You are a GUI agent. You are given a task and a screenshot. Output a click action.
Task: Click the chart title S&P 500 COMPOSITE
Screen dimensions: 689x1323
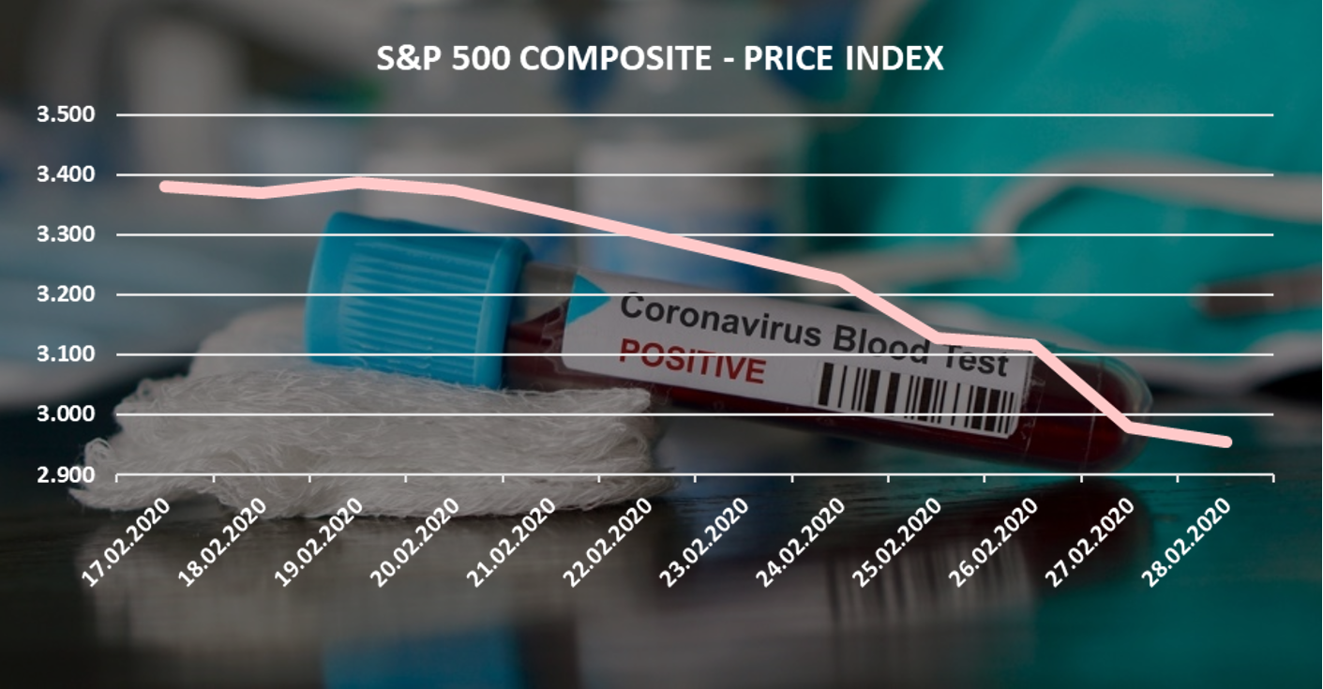[x=659, y=59]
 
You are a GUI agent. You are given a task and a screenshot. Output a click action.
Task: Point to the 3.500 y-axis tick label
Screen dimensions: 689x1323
[x=66, y=115]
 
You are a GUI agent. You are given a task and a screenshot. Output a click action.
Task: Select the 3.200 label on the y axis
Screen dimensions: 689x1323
[x=66, y=294]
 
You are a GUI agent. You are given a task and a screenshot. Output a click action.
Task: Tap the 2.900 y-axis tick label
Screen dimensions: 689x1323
[x=66, y=474]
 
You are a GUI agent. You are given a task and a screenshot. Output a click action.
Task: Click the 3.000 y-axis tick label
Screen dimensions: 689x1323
[x=66, y=414]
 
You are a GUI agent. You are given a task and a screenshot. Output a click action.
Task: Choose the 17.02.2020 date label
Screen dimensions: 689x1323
[x=128, y=542]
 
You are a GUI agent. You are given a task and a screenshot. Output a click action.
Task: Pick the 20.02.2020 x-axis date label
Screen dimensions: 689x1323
[x=417, y=542]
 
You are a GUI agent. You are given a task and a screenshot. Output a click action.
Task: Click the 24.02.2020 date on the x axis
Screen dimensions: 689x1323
[x=804, y=542]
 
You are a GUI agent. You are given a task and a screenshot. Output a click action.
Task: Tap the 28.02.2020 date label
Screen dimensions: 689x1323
[x=1189, y=542]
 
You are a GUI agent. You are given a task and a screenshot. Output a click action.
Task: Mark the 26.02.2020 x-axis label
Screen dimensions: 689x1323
[x=997, y=542]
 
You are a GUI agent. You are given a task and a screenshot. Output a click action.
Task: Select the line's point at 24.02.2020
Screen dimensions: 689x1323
[x=840, y=277]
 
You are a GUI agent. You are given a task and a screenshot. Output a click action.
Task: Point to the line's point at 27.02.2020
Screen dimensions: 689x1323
[x=1129, y=427]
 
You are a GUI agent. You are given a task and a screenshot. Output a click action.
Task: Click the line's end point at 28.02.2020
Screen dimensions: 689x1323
[x=1225, y=442]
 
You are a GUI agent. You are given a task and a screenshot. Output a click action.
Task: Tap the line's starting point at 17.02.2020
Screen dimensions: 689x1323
[x=165, y=186]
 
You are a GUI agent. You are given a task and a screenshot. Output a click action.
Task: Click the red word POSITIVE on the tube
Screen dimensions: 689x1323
[x=691, y=362]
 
